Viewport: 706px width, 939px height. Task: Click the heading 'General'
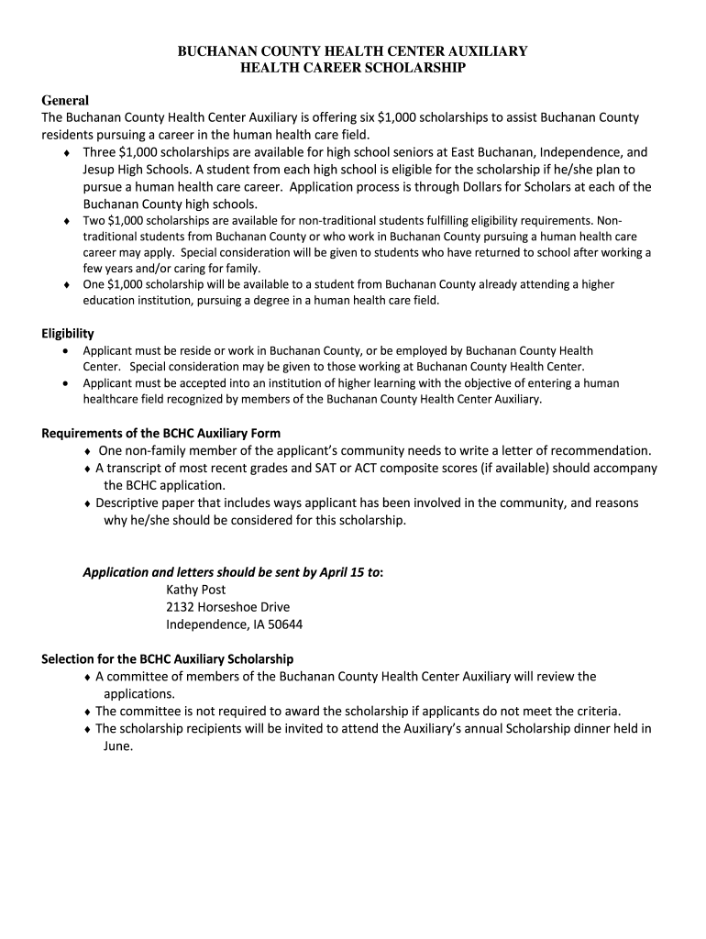click(65, 100)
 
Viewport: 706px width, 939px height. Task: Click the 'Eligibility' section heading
click(68, 334)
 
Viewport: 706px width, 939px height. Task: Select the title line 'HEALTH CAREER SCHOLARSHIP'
click(353, 68)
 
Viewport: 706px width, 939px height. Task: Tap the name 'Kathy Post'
click(195, 590)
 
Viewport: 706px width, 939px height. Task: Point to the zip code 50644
click(285, 624)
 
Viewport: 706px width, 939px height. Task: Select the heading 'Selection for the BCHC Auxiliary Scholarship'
click(168, 659)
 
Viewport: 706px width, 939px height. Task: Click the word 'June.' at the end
click(118, 746)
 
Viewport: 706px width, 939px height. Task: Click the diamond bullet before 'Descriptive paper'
click(87, 503)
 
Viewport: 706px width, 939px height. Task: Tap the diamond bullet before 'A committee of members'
click(87, 677)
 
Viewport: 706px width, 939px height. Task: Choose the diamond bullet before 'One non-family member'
click(87, 451)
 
